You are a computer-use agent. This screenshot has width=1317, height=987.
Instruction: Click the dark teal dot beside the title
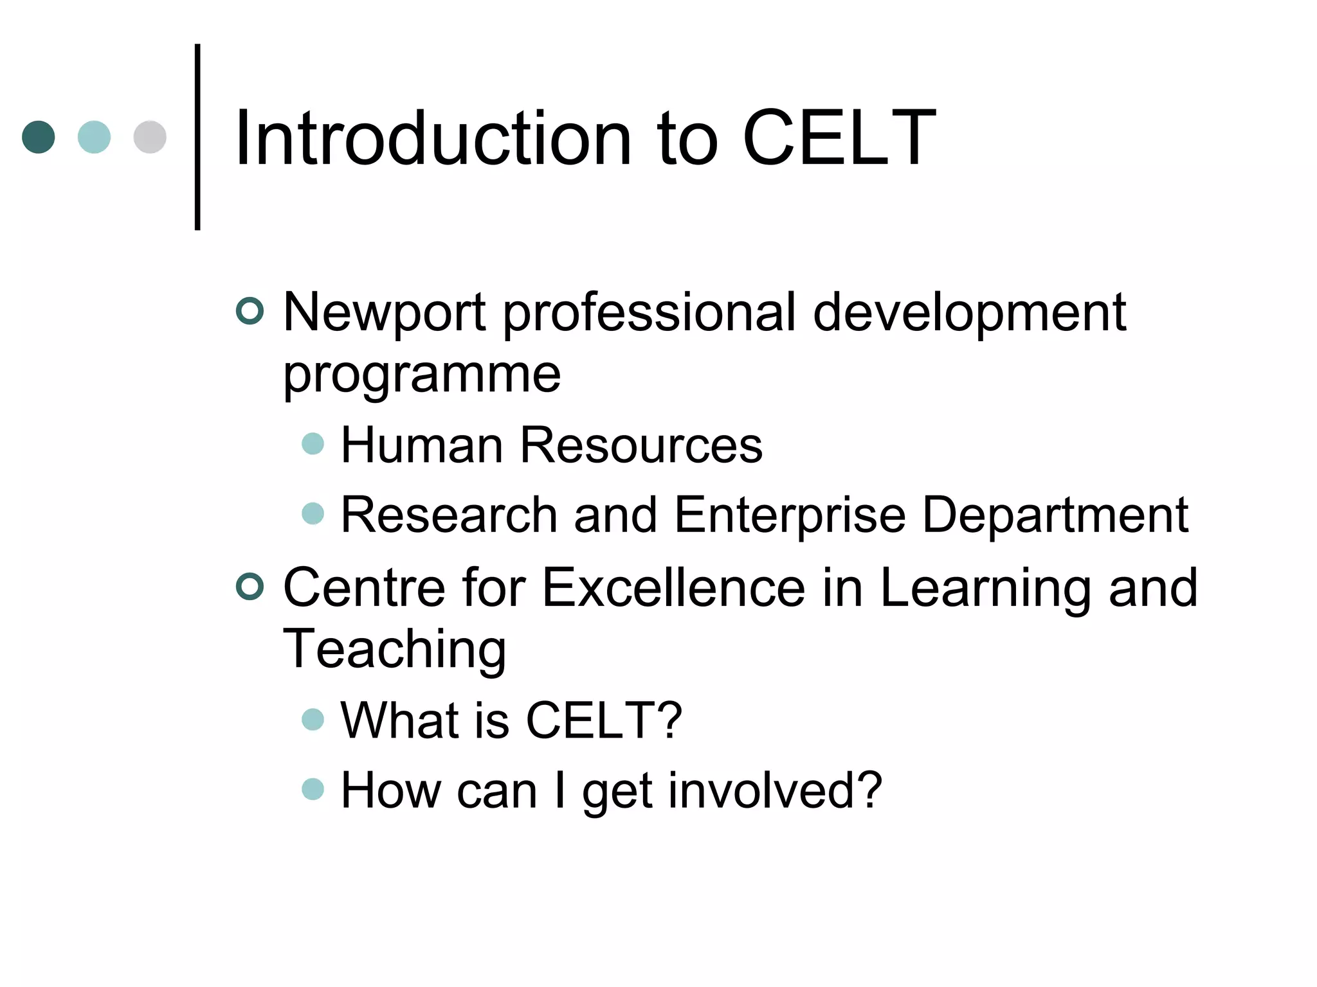pos(39,137)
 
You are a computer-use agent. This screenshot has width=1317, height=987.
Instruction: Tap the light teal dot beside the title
pos(94,137)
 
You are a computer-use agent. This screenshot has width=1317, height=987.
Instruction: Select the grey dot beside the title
pos(150,137)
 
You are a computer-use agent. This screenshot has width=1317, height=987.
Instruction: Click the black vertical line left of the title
pos(197,137)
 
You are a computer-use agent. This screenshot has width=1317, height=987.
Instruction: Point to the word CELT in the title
pos(839,138)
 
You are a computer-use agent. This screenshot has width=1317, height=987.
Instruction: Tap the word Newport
pos(384,313)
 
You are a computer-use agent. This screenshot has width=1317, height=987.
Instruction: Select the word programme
pos(422,375)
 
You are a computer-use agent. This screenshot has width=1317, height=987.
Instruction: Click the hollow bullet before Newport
pos(250,311)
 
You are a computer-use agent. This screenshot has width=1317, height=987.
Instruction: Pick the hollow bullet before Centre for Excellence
pos(250,587)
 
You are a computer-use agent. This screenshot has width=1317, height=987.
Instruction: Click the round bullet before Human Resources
pos(313,443)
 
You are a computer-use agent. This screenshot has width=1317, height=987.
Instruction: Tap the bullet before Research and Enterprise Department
pos(313,513)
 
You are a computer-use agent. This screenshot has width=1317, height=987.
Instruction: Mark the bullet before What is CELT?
pos(313,719)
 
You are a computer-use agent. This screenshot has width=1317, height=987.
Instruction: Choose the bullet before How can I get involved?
pos(313,789)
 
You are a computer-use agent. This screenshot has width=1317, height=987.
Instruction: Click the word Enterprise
pos(790,515)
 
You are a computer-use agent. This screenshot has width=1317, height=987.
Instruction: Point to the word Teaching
pos(394,649)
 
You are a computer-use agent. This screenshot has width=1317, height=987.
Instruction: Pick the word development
pos(969,313)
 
